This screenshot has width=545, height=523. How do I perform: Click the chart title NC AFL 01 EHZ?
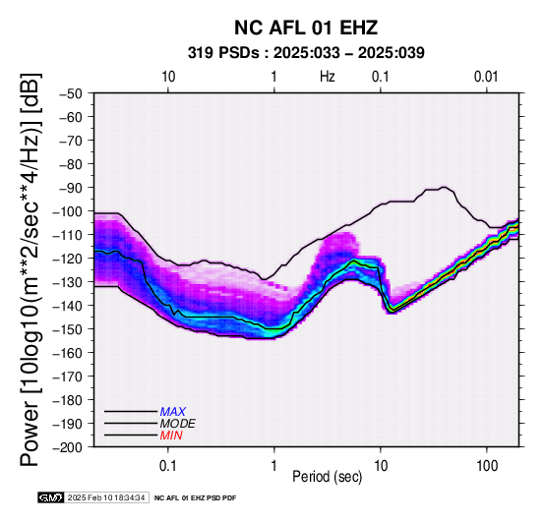[306, 28]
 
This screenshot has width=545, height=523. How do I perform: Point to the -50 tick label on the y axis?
[70, 93]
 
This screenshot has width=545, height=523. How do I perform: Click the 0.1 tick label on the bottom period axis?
[168, 465]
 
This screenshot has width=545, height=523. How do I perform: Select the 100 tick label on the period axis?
[487, 465]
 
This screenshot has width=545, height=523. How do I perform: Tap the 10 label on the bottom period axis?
[381, 465]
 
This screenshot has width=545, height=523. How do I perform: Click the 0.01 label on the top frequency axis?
[486, 77]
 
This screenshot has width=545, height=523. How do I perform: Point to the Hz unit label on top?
[327, 77]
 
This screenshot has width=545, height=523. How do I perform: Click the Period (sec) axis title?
[327, 477]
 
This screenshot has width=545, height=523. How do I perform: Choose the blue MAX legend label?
[173, 412]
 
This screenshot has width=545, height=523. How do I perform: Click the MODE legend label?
[178, 424]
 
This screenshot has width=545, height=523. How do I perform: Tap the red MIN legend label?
[171, 436]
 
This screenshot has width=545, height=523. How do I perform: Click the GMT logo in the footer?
[51, 497]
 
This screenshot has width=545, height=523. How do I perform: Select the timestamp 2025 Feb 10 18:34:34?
[106, 497]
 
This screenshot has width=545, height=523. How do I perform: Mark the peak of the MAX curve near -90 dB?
[444, 187]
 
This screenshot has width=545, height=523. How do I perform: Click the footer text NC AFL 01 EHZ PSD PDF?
[195, 498]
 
